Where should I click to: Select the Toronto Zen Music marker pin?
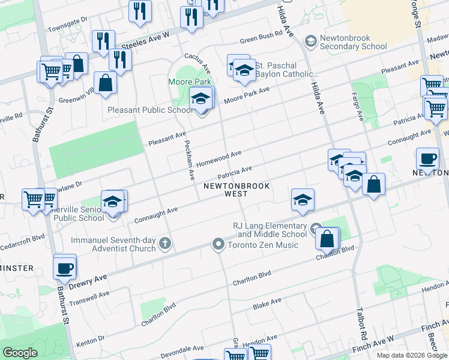(218, 244)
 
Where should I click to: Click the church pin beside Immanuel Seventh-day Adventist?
(165, 244)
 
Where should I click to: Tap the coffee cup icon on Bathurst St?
(65, 268)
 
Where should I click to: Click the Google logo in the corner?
(20, 353)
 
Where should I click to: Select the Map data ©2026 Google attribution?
(412, 355)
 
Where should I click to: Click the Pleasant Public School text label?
(150, 110)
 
